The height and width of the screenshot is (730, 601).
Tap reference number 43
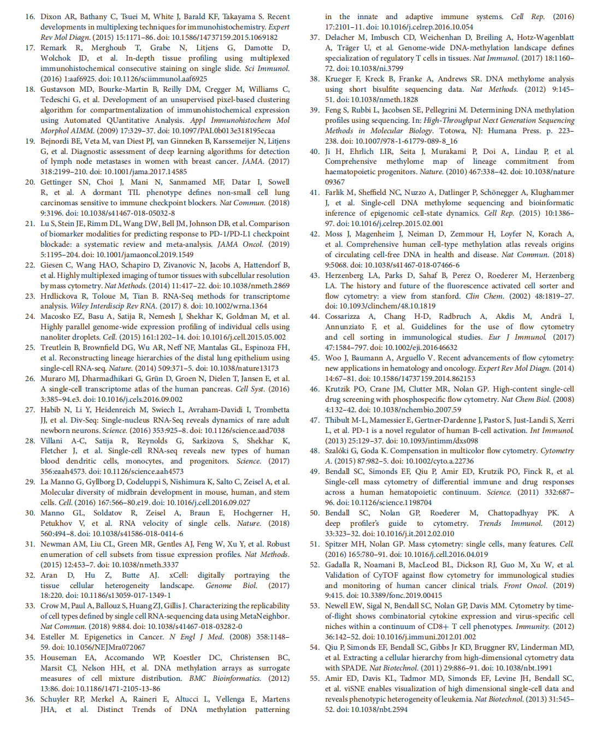pyautogui.click(x=314, y=276)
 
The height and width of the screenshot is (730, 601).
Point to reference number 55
pyautogui.click(x=314, y=679)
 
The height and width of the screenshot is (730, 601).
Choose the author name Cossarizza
pyautogui.click(x=342, y=317)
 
